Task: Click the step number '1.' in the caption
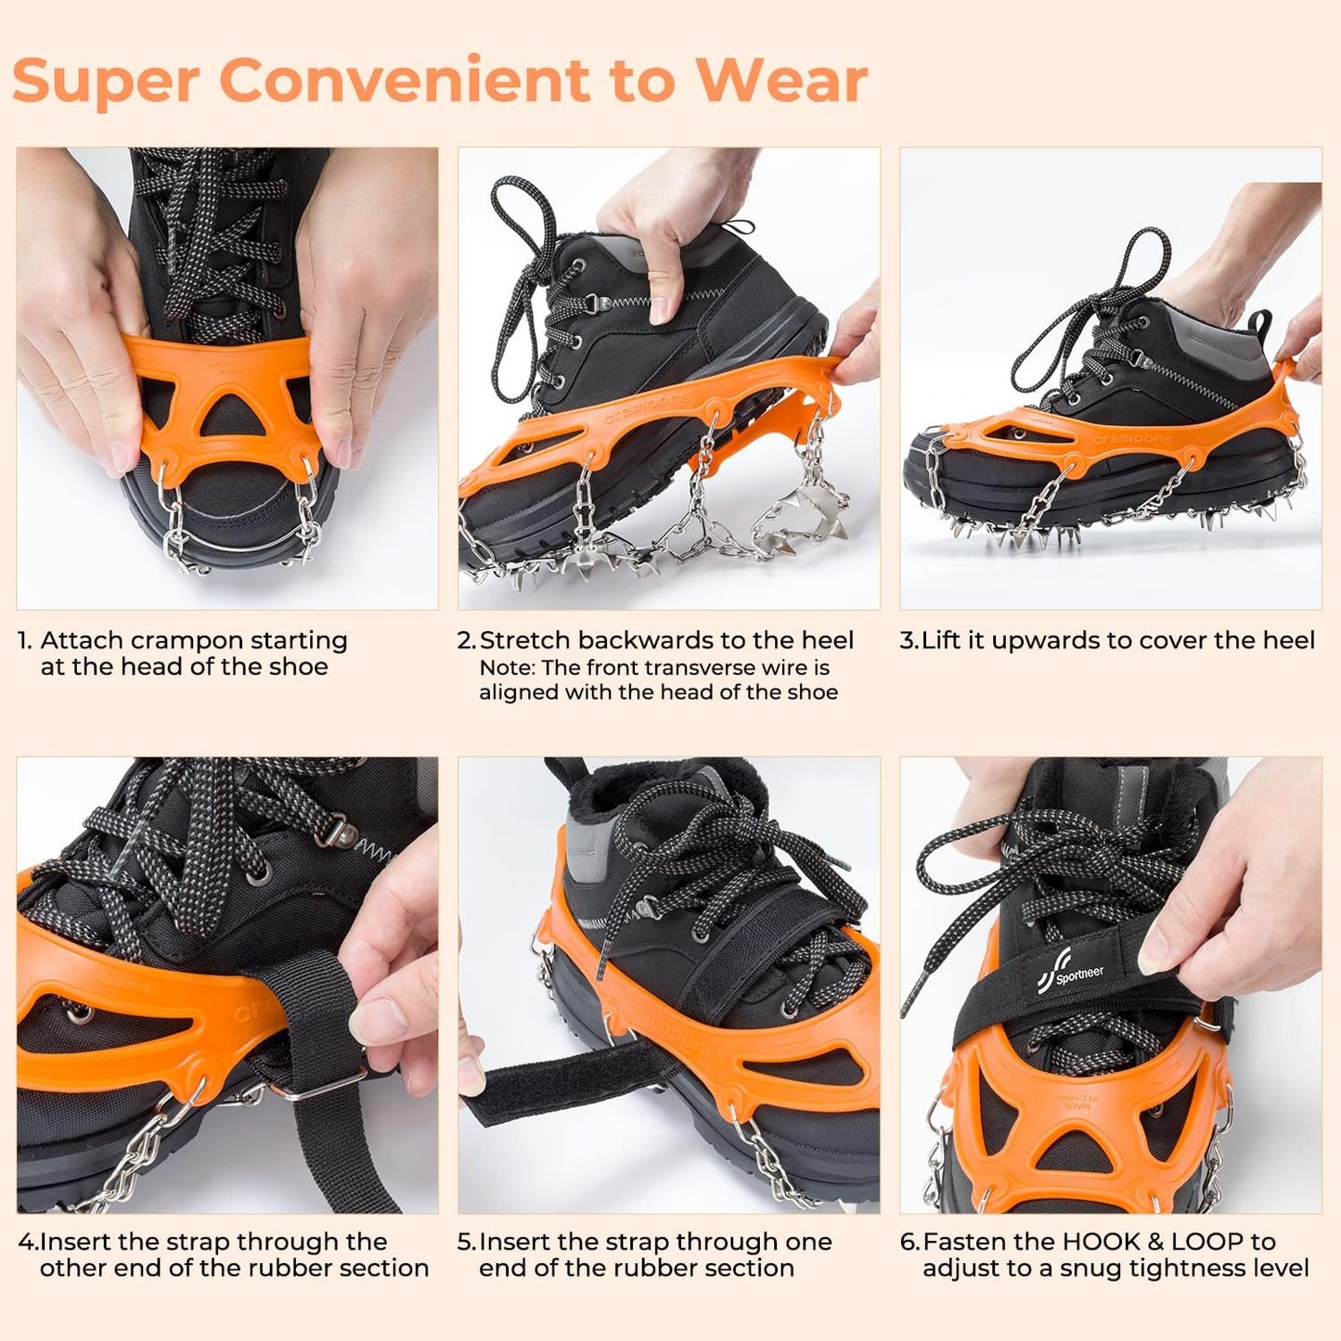click(x=26, y=641)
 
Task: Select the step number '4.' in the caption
click(x=28, y=1242)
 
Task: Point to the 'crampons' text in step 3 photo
click(x=1131, y=438)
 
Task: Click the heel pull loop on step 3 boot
click(x=1260, y=326)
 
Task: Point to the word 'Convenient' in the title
click(x=406, y=81)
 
